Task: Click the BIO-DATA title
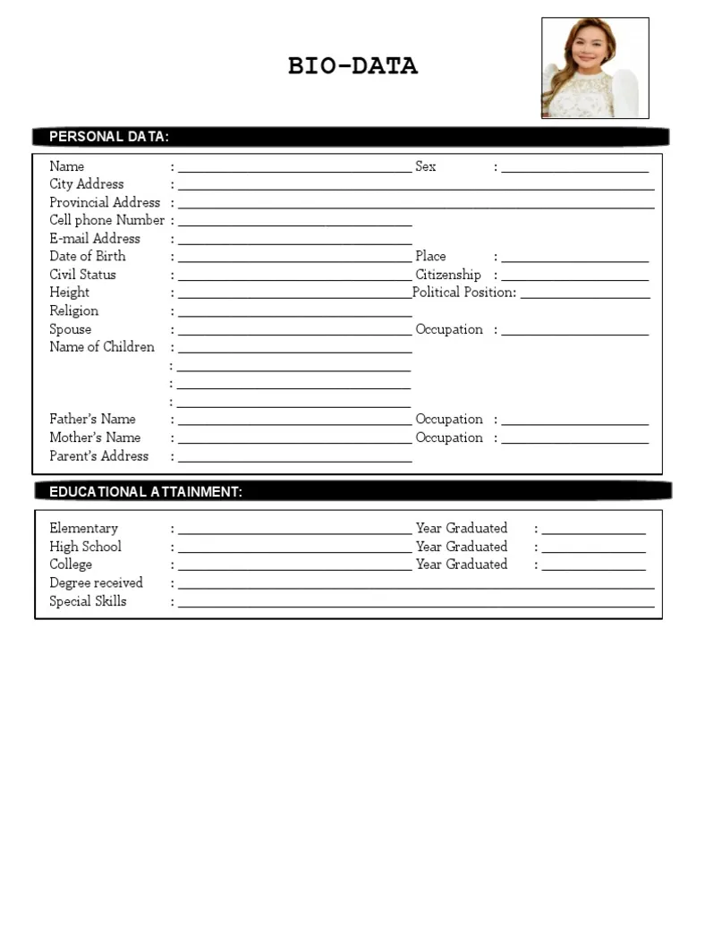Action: tap(352, 66)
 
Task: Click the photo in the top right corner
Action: tap(595, 68)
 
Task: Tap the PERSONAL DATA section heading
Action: tap(109, 137)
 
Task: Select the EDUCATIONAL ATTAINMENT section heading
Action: tap(146, 492)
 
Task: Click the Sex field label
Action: tap(426, 166)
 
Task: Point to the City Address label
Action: tap(87, 184)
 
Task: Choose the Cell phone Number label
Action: tap(106, 220)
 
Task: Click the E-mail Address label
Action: tap(95, 239)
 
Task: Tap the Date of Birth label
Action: tap(88, 257)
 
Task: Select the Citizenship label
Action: tap(448, 275)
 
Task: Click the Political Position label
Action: tap(464, 293)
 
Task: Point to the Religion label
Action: tap(74, 311)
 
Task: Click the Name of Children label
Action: tap(102, 347)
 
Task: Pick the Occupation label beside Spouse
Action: tap(449, 329)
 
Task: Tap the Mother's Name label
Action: tap(95, 437)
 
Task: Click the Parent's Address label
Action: tap(99, 456)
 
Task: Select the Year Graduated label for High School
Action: tap(462, 547)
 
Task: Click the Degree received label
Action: tap(96, 583)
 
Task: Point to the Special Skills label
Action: tap(88, 601)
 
